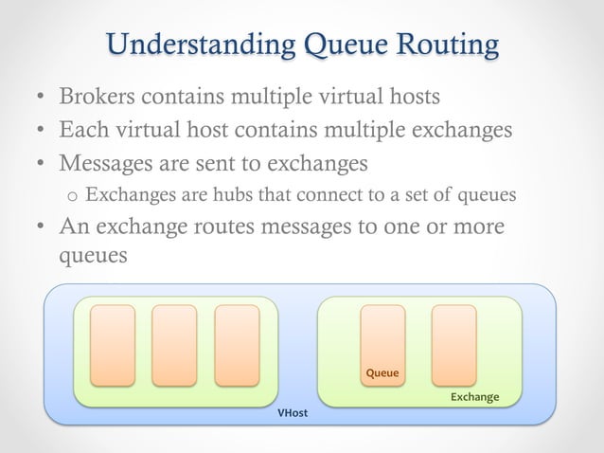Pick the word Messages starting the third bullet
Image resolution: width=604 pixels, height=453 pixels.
[107, 164]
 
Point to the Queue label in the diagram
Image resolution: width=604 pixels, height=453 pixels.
[382, 373]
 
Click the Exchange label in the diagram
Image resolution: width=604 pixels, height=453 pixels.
[473, 396]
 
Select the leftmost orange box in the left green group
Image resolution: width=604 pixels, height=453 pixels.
[113, 345]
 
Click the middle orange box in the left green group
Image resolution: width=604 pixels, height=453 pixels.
[174, 345]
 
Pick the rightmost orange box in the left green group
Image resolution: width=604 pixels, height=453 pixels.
[237, 345]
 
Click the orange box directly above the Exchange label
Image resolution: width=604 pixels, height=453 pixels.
[453, 345]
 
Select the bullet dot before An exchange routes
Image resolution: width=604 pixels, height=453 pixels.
[41, 230]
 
